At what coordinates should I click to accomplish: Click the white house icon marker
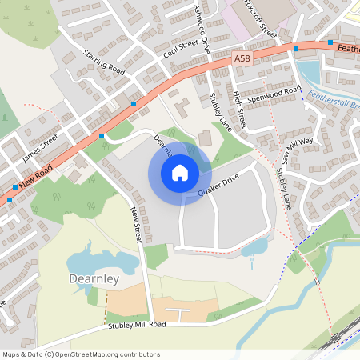coord(180,172)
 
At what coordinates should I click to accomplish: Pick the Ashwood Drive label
coord(201,27)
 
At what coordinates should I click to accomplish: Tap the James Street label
coord(42,146)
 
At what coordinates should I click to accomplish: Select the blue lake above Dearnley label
coord(92,261)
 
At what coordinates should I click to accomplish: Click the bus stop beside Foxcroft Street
coord(296,49)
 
